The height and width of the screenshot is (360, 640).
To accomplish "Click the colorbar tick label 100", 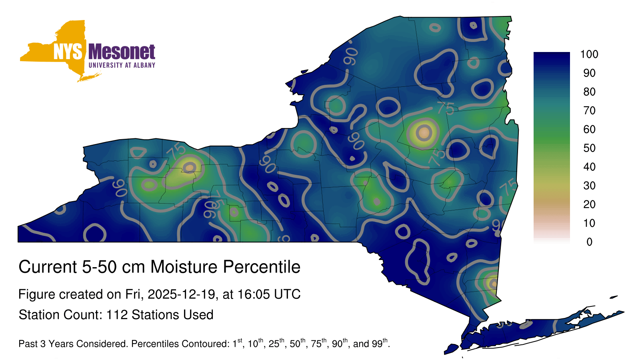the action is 589,54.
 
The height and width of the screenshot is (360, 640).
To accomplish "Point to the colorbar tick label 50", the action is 589,148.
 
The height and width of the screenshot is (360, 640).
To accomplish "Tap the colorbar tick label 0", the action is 589,242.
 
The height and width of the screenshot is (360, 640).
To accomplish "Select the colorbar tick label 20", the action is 589,204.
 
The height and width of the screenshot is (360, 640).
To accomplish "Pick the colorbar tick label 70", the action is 589,110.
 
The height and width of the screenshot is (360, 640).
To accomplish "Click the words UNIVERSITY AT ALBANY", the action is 122,65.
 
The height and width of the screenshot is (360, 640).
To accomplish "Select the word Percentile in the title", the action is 262,266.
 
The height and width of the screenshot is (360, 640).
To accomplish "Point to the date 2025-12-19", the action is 181,294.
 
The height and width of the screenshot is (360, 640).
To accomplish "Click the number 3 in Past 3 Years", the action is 43,344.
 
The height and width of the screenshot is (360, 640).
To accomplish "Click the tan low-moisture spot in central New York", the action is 424,133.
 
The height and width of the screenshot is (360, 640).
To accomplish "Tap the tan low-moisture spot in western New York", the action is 190,167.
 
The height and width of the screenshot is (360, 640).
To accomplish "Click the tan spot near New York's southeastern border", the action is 494,284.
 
